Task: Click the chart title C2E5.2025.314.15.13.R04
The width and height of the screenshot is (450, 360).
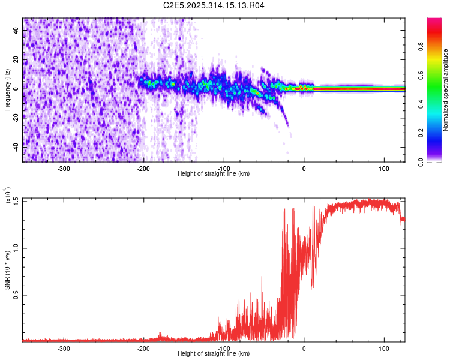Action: [214, 6]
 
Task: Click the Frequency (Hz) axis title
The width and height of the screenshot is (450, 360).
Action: [7, 89]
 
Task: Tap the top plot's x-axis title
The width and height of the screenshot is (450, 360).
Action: [214, 173]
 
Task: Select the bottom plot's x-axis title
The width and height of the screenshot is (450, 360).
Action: [214, 353]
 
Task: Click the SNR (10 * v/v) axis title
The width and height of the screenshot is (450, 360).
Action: [7, 270]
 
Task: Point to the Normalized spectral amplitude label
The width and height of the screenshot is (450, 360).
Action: [446, 90]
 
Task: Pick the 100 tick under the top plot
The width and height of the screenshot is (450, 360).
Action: [384, 169]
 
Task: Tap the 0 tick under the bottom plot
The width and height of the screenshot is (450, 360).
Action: [304, 349]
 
